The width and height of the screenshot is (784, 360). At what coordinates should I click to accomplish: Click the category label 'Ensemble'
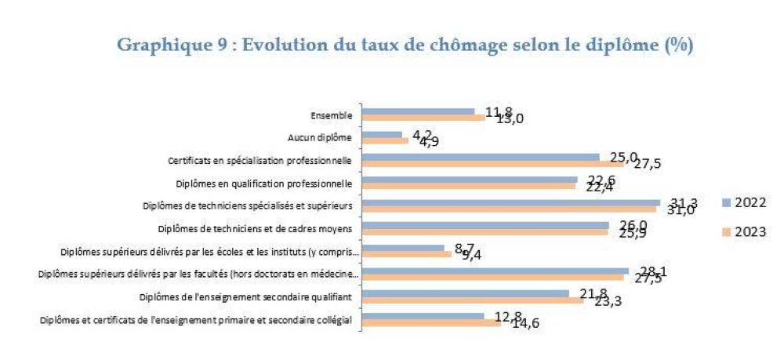(331, 115)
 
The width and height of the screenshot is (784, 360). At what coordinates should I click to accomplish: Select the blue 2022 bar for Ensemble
(418, 111)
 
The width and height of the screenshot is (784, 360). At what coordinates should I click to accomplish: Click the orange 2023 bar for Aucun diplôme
(385, 142)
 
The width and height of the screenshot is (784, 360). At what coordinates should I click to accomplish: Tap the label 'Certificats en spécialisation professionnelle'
(260, 161)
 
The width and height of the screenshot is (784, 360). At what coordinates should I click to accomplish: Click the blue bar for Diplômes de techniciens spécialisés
(510, 202)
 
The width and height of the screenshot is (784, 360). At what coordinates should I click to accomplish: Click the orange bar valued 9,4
(406, 254)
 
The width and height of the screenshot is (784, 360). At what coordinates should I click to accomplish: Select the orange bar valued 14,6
(431, 322)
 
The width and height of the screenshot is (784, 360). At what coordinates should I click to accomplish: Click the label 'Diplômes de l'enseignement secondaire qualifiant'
(245, 297)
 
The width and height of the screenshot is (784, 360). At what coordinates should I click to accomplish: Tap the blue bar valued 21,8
(465, 293)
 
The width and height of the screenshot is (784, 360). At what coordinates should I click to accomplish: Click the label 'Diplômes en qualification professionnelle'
(260, 184)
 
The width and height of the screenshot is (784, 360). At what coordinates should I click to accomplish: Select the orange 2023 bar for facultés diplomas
(492, 277)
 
